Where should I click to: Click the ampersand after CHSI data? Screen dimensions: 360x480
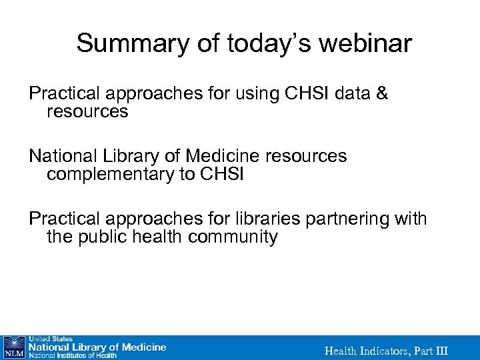[382, 94]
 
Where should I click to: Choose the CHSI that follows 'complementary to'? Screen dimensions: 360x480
[226, 175]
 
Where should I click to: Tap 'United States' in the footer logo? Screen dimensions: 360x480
[49, 339]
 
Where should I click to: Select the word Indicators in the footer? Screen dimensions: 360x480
[385, 351]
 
